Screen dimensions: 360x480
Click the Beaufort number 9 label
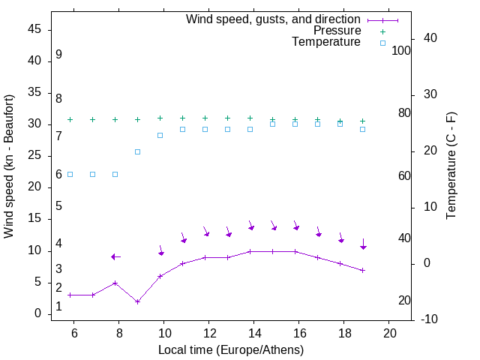(58, 55)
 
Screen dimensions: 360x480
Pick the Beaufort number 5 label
(58, 206)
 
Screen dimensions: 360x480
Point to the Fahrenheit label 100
(401, 51)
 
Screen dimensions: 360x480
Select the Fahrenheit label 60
(404, 175)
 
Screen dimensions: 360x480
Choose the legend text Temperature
(326, 43)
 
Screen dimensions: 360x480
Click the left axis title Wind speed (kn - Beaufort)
(9, 166)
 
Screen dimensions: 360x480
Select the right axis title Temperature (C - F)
(451, 166)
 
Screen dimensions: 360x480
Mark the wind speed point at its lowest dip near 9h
(137, 301)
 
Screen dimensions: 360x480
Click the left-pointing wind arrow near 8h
(115, 256)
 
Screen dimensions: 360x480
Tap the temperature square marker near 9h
(137, 151)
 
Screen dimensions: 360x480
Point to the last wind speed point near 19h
(363, 270)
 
